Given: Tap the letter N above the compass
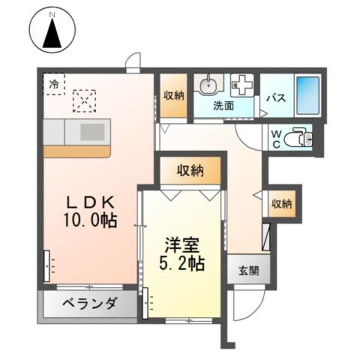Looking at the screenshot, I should click(x=52, y=13).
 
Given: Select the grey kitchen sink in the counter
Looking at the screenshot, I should click(x=92, y=131).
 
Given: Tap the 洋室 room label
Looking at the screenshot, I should click(x=184, y=245).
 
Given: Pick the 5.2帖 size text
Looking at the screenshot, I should click(x=184, y=262).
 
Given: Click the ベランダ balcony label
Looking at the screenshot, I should click(x=89, y=304).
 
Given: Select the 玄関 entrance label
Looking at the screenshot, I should click(x=248, y=270).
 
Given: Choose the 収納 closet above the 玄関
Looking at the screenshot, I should click(x=281, y=204).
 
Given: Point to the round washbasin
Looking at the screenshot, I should click(x=208, y=85).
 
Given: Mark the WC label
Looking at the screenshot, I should click(x=277, y=139).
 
